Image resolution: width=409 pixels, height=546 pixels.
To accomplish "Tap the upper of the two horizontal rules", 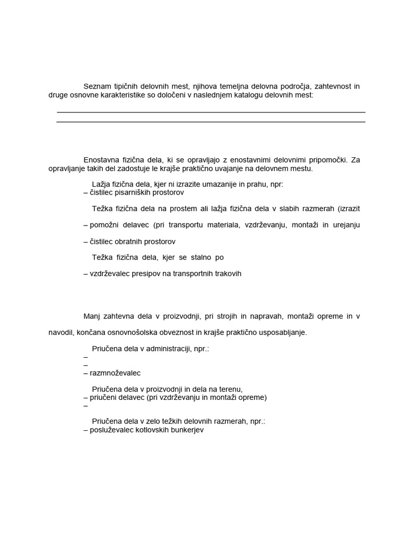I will (211, 113).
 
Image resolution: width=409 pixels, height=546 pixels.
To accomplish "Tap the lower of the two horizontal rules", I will (211, 122).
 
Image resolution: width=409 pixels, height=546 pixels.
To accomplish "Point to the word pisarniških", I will (135, 192).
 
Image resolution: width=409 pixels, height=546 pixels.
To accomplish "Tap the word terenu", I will (231, 389).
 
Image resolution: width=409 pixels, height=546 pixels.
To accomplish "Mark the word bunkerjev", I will (187, 430).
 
